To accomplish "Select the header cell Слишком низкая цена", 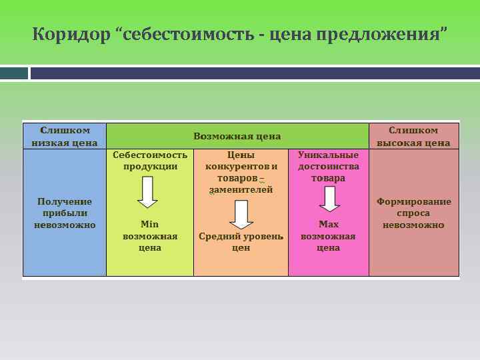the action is [65, 135].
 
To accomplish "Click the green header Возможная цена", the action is [237, 136].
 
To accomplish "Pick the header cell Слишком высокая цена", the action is [413, 135].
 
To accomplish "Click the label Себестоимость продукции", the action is [150, 160].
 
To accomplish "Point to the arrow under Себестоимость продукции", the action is [147, 192].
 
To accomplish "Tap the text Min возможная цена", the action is [150, 236].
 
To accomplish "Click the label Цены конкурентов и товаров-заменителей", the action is [241, 172].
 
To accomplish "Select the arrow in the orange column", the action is [241, 215].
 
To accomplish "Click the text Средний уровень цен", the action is [241, 241].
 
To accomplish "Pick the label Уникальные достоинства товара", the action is [329, 166].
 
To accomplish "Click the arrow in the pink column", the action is [329, 199].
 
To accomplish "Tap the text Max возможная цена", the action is [329, 236].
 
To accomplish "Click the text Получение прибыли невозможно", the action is [65, 213].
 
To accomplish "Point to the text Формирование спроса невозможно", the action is [413, 213].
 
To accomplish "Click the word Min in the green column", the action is [150, 225].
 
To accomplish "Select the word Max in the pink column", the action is [329, 225].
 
